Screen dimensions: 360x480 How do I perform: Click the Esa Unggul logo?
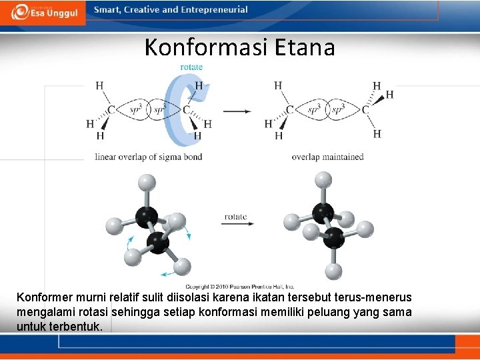coord(44,11)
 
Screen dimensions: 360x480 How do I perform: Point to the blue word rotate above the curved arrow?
coord(191,67)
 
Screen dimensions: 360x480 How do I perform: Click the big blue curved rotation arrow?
coord(177,110)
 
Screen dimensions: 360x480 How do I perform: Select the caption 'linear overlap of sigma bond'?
coord(149,157)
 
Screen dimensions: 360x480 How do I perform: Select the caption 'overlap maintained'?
coord(327,157)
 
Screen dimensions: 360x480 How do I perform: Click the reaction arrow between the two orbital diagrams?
coord(237,111)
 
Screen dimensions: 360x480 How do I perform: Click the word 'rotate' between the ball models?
coord(236,216)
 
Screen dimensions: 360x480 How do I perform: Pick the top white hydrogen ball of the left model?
coord(146,183)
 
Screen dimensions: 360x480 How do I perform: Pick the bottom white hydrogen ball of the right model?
coord(333,271)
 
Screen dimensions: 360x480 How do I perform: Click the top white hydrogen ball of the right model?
coord(323,179)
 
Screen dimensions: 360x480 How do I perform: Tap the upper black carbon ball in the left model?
coord(147,217)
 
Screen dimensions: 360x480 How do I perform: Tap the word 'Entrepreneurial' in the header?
coord(214,10)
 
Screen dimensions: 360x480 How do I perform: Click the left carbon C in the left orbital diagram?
coord(111,110)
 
